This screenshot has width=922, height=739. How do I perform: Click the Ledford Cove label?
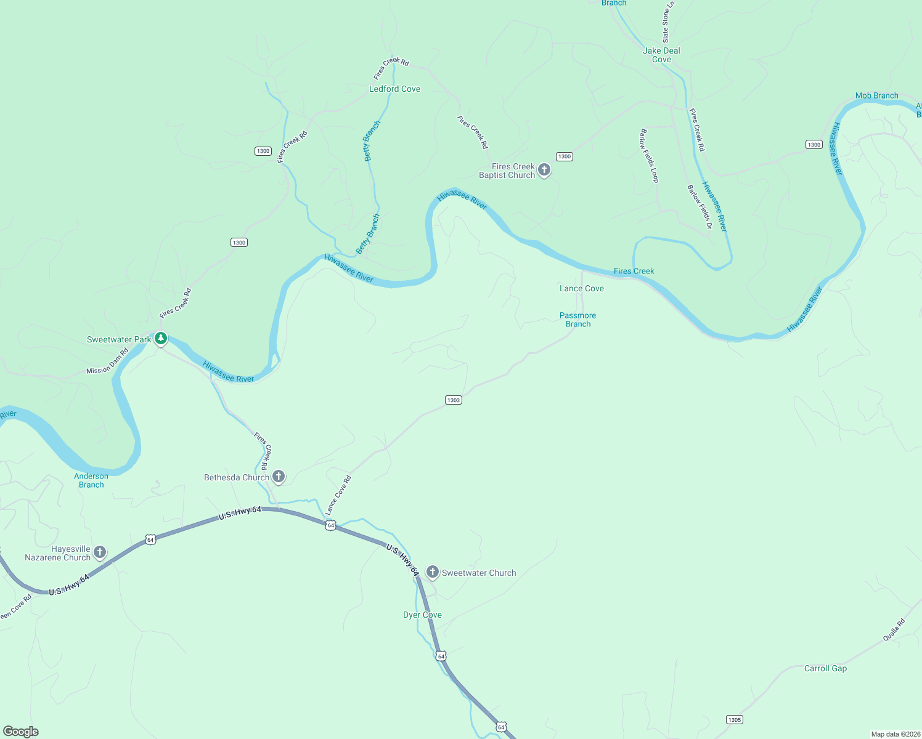[x=394, y=89]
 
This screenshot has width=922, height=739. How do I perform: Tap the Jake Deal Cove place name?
[x=661, y=55]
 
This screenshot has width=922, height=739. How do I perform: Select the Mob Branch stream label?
[x=876, y=96]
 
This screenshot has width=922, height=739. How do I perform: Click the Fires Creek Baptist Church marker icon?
[x=544, y=170]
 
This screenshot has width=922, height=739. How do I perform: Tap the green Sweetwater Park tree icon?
[x=161, y=338]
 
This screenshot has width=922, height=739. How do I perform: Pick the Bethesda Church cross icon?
[x=279, y=476]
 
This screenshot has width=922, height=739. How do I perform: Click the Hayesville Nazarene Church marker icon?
[x=100, y=552]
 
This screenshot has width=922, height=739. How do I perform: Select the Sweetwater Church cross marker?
[x=433, y=572]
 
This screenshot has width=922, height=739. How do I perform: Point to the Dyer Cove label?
[x=422, y=615]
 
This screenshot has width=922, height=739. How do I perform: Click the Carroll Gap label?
[x=825, y=669]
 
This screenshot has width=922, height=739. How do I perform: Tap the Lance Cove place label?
[x=581, y=289]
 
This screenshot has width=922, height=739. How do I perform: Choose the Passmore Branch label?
[x=577, y=320]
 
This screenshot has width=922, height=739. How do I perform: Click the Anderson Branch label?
[x=91, y=480]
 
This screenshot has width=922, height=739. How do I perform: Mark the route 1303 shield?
[x=454, y=400]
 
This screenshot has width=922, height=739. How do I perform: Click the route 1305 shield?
[x=734, y=720]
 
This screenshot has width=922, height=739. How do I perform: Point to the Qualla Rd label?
[x=894, y=630]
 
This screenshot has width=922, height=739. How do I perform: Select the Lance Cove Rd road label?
[x=338, y=495]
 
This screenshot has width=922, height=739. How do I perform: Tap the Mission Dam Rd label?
[x=107, y=361]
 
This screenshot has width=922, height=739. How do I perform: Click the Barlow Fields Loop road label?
[x=650, y=156]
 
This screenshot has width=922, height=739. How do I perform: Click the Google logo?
[x=21, y=732]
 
